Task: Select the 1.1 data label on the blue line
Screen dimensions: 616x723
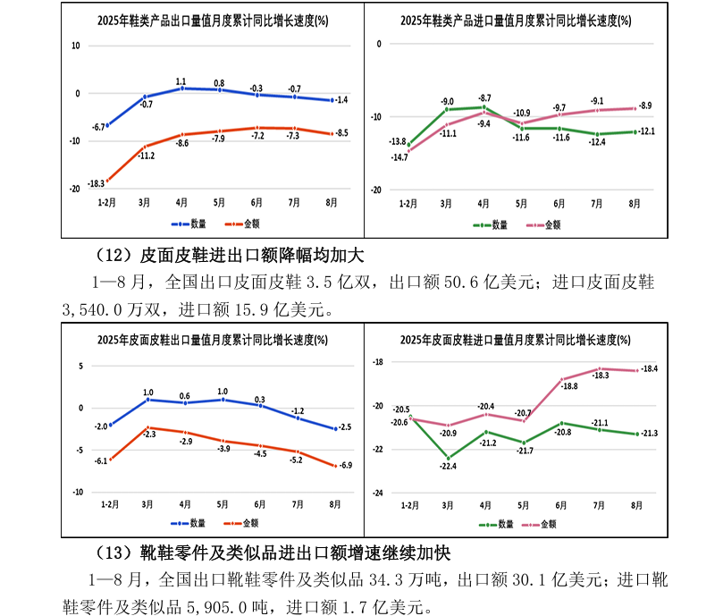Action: click(181, 81)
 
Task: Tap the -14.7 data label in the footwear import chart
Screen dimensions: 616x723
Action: click(399, 157)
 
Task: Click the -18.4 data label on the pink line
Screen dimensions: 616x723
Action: click(649, 369)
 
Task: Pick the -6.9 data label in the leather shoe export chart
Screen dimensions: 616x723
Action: click(344, 466)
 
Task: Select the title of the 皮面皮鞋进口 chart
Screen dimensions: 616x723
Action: click(512, 340)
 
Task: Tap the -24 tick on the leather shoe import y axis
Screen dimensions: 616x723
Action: click(377, 493)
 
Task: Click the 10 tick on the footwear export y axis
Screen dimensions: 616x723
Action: click(74, 46)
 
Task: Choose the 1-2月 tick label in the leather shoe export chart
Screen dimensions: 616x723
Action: click(108, 505)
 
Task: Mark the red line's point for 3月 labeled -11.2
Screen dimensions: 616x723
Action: click(145, 146)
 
